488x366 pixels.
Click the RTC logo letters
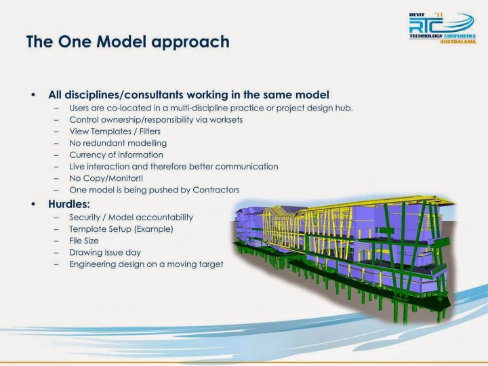426,26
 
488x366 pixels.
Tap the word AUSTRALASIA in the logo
457,41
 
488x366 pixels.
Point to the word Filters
150,131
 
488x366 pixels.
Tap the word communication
247,167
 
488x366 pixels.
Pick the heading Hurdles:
69,204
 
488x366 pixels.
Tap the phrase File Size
84,241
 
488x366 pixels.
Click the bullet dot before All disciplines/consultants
33,95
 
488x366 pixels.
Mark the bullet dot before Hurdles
33,204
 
